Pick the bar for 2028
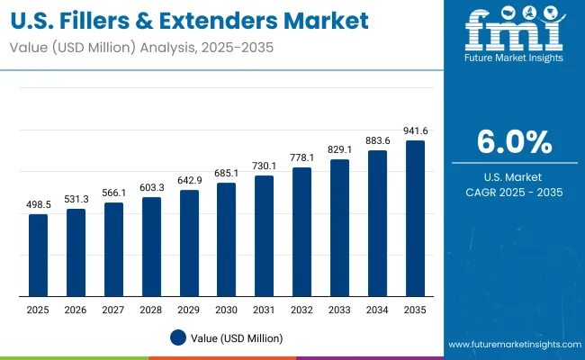pyautogui.click(x=151, y=247)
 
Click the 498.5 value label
pyautogui.click(x=38, y=206)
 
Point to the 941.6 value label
pyautogui.click(x=415, y=131)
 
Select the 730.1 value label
pyautogui.click(x=265, y=167)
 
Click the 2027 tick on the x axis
pyautogui.click(x=113, y=310)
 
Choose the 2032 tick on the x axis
pyautogui.click(x=302, y=310)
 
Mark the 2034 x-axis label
pyautogui.click(x=377, y=310)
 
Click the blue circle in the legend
pyautogui.click(x=177, y=338)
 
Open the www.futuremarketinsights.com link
pyautogui.click(x=510, y=345)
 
